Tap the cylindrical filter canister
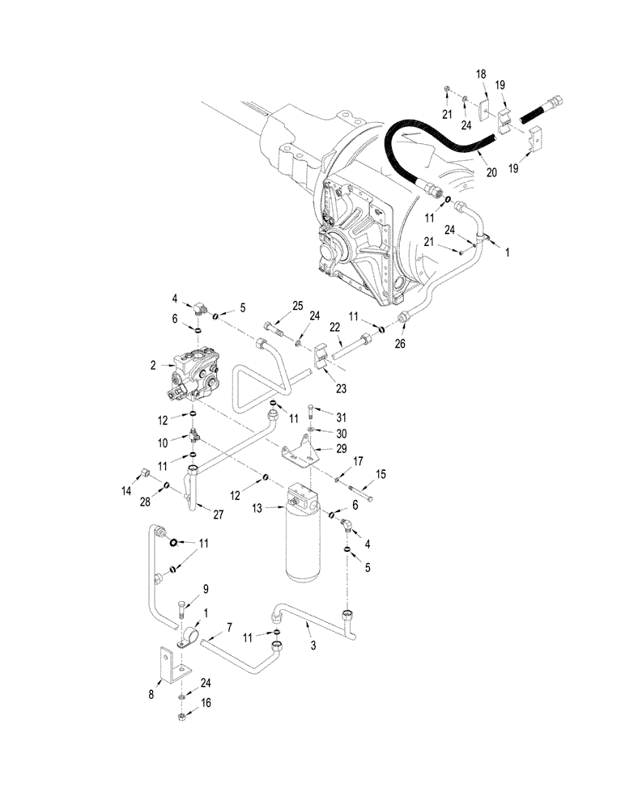tap(304, 534)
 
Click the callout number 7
tap(230, 628)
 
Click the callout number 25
tap(297, 306)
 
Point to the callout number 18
tap(481, 74)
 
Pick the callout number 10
tap(163, 443)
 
